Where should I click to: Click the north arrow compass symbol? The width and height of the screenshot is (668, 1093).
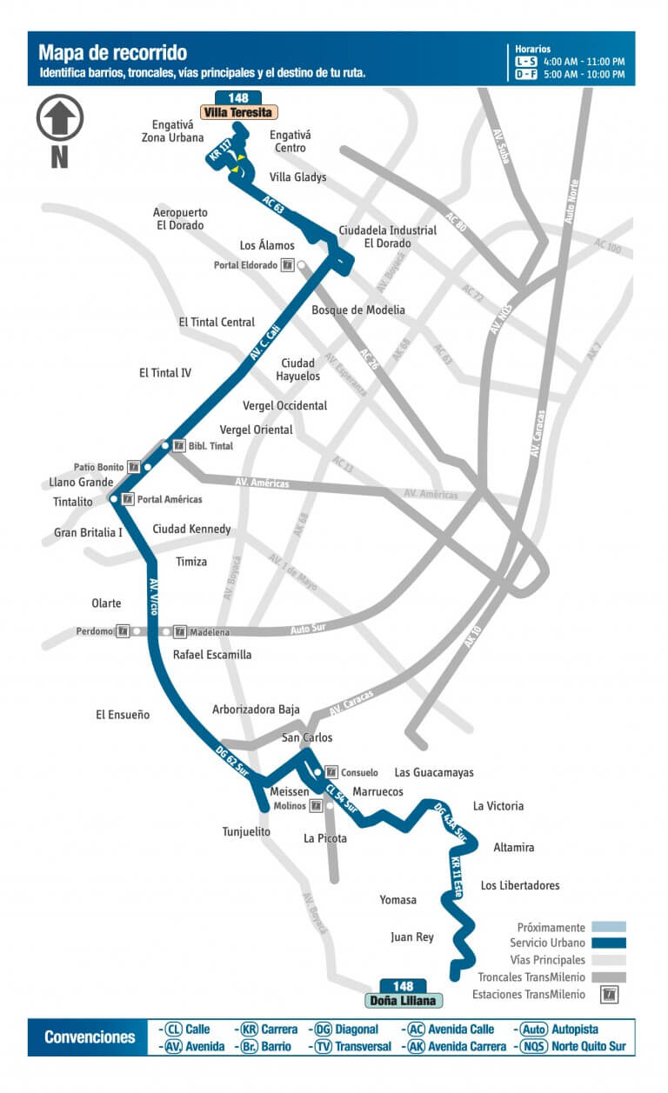[60, 119]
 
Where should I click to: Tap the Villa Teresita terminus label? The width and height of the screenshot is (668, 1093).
[239, 112]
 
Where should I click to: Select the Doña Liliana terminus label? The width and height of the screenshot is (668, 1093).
[403, 1000]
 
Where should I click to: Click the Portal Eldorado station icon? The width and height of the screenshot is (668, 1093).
[286, 265]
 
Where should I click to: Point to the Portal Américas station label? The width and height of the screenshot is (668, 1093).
[170, 499]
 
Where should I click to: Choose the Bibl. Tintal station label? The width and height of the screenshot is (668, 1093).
[209, 445]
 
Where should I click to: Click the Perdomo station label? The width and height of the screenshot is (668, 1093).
[94, 631]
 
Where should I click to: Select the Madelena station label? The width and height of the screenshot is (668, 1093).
[210, 632]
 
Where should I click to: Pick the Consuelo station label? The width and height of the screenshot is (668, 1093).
[359, 772]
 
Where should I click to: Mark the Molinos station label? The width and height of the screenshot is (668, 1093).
[290, 805]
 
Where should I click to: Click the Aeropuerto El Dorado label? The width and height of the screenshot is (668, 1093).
[178, 218]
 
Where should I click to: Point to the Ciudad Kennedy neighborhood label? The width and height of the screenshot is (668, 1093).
[191, 529]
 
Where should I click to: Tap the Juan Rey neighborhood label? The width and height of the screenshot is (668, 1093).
[412, 937]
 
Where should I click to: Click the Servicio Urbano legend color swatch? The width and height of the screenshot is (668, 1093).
[608, 943]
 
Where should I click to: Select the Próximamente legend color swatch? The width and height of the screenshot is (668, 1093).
[608, 927]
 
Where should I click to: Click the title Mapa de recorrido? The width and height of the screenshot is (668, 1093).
[113, 54]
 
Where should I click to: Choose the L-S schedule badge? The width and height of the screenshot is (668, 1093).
[525, 62]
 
